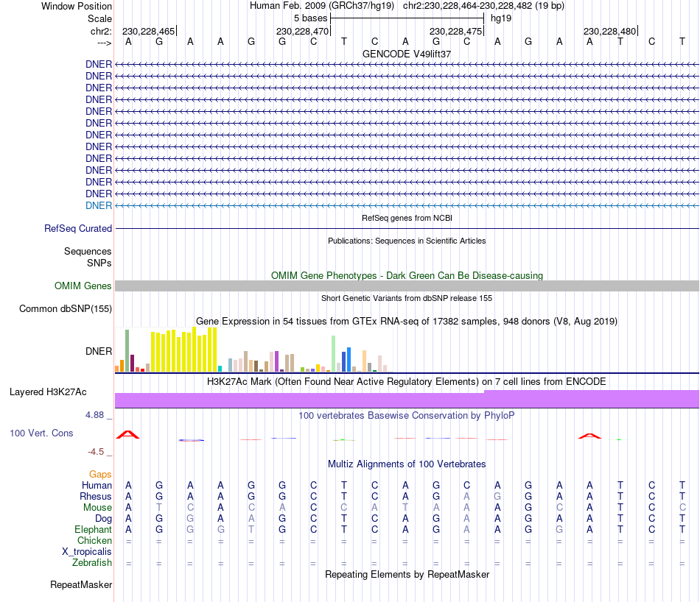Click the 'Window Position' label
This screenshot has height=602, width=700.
[x=77, y=6]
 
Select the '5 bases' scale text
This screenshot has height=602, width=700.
[x=310, y=18]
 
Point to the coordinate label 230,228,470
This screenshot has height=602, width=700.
[x=302, y=31]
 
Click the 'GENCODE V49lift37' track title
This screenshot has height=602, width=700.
[x=407, y=54]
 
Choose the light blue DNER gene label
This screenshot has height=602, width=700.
[x=99, y=205]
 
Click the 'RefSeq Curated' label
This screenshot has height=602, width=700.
[x=78, y=229]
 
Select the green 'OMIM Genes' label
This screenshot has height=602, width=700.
[x=83, y=286]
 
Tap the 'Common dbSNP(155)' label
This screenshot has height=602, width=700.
[x=65, y=309]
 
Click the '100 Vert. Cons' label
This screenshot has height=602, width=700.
[x=41, y=433]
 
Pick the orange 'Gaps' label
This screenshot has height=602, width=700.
[x=100, y=475]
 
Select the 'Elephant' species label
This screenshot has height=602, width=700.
[x=93, y=529]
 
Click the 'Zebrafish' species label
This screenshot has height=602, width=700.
[x=92, y=562]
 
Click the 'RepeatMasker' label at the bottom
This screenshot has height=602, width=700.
[x=81, y=585]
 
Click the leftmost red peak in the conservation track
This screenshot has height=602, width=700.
[x=128, y=434]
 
